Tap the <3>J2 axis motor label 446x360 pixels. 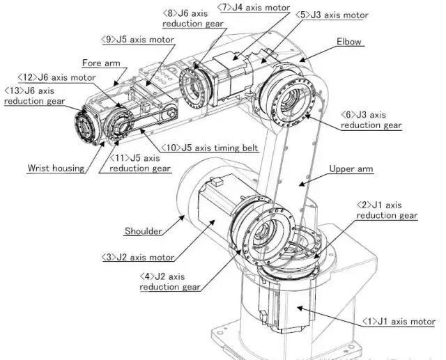tap(139, 258)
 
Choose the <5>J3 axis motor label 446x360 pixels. tap(332, 15)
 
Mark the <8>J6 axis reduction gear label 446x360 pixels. tap(194, 18)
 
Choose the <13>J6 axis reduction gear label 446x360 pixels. tap(35, 96)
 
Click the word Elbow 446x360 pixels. tap(350, 42)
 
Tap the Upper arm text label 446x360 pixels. tap(351, 169)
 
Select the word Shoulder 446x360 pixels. tap(143, 231)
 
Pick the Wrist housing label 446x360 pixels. tap(56, 167)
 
